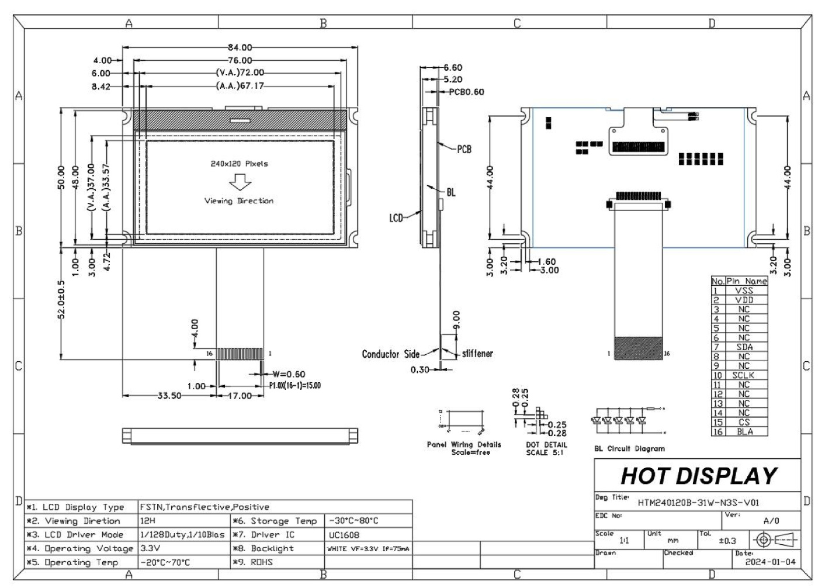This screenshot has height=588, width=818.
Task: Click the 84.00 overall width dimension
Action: click(240, 47)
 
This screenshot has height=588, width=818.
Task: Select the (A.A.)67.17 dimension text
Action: click(240, 86)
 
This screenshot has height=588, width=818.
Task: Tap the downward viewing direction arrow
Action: click(240, 183)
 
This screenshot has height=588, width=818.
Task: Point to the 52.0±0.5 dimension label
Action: click(61, 300)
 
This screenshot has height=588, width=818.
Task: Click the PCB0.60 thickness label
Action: click(466, 92)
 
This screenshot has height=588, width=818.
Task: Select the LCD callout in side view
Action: click(396, 218)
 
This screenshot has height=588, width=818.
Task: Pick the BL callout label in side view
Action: click(451, 192)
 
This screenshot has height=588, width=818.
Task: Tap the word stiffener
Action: click(477, 354)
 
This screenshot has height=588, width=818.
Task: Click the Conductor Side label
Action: click(390, 354)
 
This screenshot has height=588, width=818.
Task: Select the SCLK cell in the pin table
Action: click(743, 375)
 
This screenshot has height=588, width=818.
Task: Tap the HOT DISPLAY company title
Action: click(699, 476)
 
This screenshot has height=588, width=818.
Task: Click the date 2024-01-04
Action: click(770, 562)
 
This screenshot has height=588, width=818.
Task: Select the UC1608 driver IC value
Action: click(344, 535)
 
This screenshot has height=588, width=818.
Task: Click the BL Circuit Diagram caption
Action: click(629, 449)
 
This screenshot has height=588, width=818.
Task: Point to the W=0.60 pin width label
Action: click(289, 374)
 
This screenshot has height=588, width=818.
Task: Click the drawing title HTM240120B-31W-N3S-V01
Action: click(698, 502)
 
